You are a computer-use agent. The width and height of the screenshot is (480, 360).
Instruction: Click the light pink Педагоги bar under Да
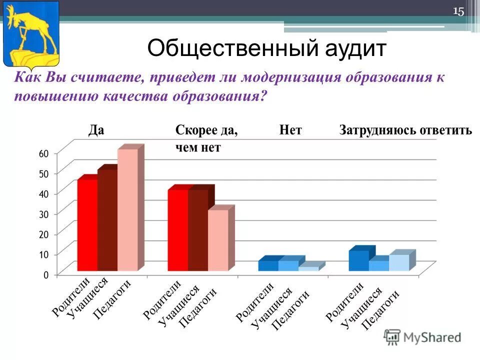(127, 210)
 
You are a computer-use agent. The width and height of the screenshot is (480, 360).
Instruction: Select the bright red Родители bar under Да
(87, 225)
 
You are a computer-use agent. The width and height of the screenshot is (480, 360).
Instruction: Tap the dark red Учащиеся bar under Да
(107, 220)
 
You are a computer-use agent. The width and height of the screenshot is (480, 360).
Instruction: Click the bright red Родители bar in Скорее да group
(177, 230)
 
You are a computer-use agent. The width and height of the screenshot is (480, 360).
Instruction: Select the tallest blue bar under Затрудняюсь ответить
(358, 260)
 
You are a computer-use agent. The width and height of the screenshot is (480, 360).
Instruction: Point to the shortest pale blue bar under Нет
(308, 268)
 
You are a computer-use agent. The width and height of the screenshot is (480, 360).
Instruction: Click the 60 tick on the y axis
(43, 153)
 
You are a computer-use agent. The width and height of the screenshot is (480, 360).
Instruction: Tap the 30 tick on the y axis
(43, 214)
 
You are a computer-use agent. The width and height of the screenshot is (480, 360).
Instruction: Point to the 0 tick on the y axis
(45, 274)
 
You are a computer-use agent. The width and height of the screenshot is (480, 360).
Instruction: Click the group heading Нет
(290, 130)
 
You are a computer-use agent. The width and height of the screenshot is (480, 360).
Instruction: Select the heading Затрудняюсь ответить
(405, 130)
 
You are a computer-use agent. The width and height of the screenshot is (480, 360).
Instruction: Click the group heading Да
(96, 130)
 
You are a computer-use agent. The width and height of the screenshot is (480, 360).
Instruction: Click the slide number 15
(458, 11)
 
